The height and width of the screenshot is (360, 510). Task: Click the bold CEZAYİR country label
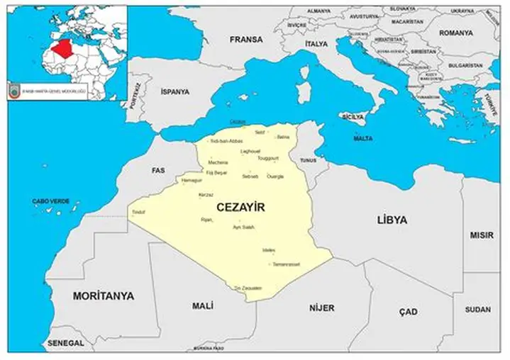click(x=239, y=207)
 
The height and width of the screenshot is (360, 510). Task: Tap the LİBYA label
click(x=392, y=220)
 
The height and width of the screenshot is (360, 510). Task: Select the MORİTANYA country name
click(x=103, y=296)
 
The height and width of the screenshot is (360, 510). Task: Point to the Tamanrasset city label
click(x=287, y=264)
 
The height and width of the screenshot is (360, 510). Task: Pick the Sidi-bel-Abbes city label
click(x=226, y=141)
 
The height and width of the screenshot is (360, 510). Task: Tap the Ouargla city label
click(x=275, y=176)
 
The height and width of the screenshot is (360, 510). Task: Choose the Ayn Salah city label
click(x=243, y=227)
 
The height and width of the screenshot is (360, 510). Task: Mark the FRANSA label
click(x=246, y=40)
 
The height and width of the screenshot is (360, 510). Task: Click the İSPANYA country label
click(x=175, y=91)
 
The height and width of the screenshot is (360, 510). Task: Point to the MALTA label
click(x=363, y=138)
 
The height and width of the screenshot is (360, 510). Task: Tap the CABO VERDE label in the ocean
click(x=50, y=201)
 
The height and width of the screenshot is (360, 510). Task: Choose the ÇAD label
click(x=408, y=312)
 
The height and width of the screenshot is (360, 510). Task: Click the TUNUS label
click(x=308, y=160)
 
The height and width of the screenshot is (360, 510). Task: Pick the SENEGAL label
click(x=66, y=343)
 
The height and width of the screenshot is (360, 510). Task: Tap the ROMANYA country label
click(x=455, y=33)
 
